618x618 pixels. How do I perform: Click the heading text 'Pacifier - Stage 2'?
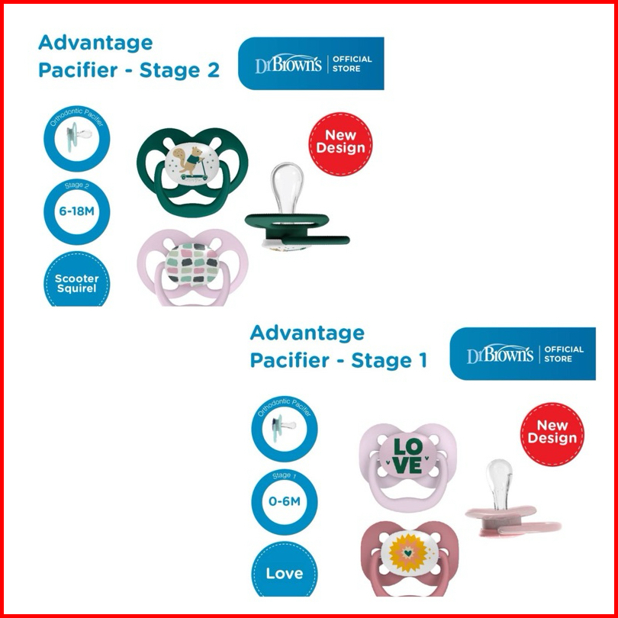click(x=128, y=71)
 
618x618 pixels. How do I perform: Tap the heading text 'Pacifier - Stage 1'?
click(x=338, y=360)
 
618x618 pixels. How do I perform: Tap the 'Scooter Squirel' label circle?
click(x=77, y=282)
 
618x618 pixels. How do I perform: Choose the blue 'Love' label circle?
click(x=284, y=573)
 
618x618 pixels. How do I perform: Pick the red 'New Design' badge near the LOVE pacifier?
click(x=552, y=432)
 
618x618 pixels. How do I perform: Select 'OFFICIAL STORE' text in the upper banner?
click(x=352, y=64)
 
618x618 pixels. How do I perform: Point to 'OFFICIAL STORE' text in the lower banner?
click(x=565, y=354)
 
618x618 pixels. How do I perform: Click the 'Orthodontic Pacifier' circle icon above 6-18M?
click(x=77, y=142)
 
